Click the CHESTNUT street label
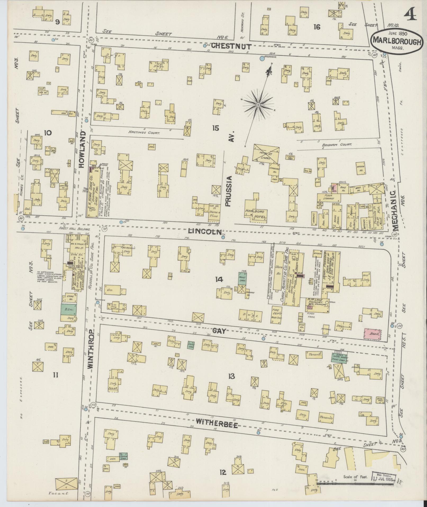click(231, 46)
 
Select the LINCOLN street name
click(205, 231)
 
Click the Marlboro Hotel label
click(257, 215)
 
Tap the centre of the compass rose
click(258, 105)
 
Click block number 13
click(231, 376)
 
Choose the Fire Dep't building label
click(277, 314)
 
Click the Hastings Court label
click(144, 131)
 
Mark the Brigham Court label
click(336, 145)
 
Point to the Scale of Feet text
click(356, 477)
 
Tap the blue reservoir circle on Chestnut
click(262, 58)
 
